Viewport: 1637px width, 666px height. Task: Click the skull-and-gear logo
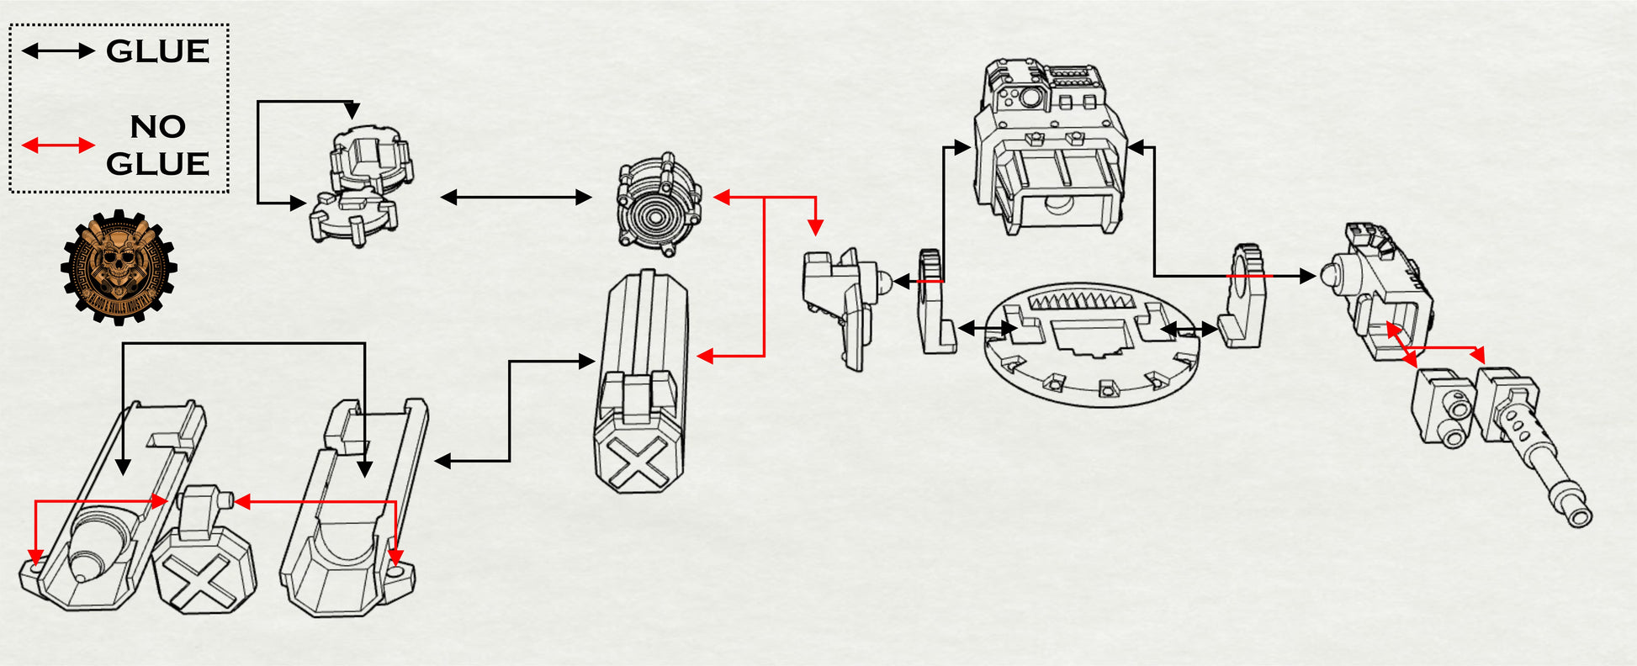pos(119,267)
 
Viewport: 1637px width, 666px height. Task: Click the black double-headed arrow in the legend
pos(57,51)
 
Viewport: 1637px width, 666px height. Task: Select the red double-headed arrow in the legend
pos(57,145)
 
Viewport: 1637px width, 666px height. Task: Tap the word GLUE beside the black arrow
pos(157,51)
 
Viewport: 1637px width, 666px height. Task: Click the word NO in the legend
pos(157,126)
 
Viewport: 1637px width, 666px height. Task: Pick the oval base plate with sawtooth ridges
pos(1092,345)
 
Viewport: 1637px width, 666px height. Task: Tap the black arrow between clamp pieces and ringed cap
pos(516,198)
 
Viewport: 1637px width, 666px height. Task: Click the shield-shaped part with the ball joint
pos(841,303)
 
